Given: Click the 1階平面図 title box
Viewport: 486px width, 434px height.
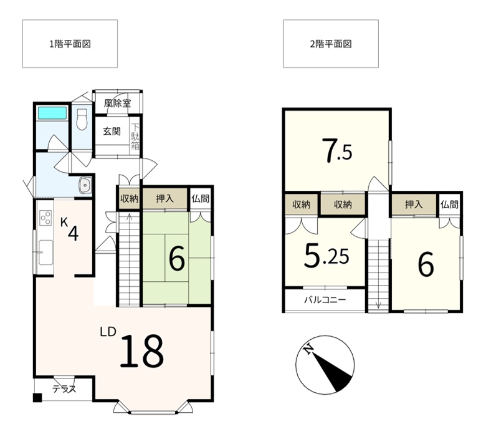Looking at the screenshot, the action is coord(70,44).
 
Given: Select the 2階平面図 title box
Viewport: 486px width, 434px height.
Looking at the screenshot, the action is coord(331,44).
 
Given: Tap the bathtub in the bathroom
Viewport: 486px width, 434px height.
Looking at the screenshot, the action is coord(52,113).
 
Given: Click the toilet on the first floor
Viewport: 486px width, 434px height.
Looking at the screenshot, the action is coord(82,119).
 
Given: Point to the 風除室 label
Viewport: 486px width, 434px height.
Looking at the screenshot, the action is coord(117,104).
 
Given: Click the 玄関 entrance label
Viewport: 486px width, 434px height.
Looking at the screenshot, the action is coord(112,131).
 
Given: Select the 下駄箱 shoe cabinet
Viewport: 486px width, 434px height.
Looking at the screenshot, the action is coord(135,137).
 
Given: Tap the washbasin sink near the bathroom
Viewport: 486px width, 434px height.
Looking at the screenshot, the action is coord(85,185).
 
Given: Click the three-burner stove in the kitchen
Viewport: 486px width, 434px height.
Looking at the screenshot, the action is coord(45,218).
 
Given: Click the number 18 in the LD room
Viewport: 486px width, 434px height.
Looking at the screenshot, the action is coord(141,351).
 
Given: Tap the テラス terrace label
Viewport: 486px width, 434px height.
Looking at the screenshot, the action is coord(64,388).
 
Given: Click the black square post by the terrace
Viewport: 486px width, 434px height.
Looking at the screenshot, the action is coord(37,398).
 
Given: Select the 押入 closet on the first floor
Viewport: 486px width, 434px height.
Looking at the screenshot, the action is coord(164,198).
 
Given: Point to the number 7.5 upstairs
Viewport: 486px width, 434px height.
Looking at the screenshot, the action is coord(336,150).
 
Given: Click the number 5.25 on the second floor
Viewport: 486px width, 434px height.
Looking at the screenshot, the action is coord(326,255).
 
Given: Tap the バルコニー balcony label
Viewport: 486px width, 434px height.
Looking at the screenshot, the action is coord(325,300).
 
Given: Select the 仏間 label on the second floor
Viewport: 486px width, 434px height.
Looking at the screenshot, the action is coord(449,204).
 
